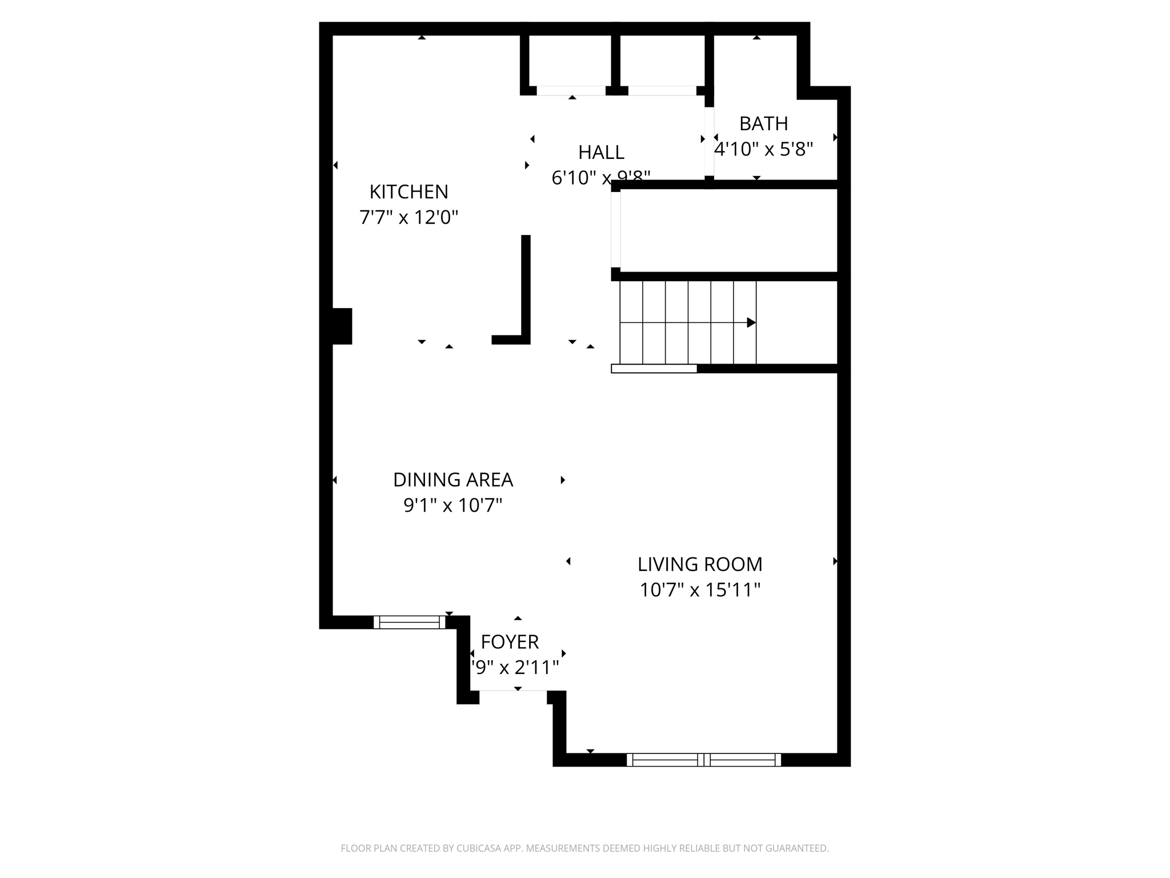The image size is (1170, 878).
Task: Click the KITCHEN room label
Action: (408, 191)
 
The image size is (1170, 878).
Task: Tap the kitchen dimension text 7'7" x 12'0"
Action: (408, 218)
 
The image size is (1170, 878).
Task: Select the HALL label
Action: (601, 153)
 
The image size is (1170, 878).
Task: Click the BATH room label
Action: (763, 123)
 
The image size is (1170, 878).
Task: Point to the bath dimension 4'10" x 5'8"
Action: (763, 149)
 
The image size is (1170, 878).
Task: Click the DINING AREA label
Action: (453, 480)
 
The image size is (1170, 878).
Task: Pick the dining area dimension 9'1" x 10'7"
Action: (453, 505)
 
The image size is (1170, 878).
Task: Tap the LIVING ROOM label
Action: (700, 564)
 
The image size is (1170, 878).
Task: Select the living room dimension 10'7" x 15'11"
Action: (700, 590)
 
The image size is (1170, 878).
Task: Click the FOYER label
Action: (510, 642)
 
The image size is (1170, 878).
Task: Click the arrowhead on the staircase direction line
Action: (751, 323)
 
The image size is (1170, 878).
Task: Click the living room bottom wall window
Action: (704, 760)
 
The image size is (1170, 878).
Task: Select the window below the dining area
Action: (409, 622)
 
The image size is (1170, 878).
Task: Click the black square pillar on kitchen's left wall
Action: (342, 326)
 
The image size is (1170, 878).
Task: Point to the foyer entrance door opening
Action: (513, 691)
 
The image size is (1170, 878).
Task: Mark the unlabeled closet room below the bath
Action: (728, 230)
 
